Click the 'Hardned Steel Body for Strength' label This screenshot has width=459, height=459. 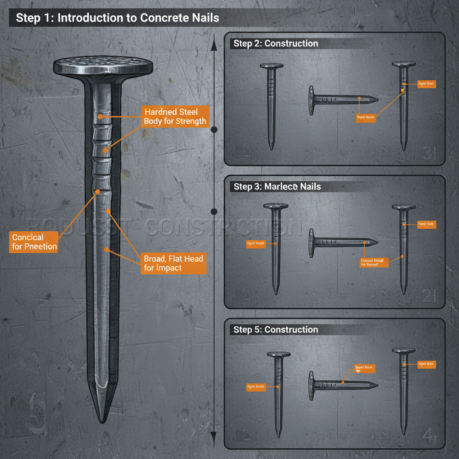[175, 116]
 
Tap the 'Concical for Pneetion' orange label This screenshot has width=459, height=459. [35, 242]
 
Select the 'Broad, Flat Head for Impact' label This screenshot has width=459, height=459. [173, 263]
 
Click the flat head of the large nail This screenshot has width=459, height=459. [102, 67]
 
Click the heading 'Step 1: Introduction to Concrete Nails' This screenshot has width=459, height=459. [117, 18]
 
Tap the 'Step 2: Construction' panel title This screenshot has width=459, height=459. [276, 43]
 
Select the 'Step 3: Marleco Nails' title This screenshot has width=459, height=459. [277, 186]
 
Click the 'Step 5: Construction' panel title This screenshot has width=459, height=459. [276, 329]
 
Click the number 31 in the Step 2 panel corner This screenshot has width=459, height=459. [429, 154]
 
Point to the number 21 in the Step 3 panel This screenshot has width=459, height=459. [429, 296]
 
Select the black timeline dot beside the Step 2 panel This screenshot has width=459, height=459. [214, 130]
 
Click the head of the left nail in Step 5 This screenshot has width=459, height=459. [279, 354]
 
